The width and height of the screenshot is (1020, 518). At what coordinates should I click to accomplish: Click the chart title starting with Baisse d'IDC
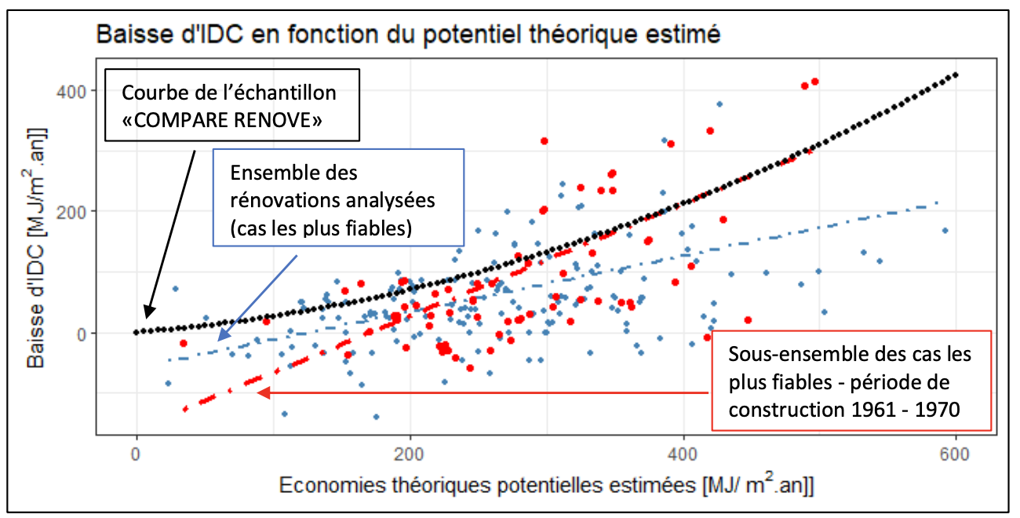click(407, 35)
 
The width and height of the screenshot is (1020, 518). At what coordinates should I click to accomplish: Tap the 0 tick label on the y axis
click(85, 334)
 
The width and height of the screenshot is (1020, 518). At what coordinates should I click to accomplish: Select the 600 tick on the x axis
click(956, 454)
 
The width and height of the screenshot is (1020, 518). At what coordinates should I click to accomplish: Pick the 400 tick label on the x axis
click(683, 454)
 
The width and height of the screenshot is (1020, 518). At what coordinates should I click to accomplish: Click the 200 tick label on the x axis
click(410, 454)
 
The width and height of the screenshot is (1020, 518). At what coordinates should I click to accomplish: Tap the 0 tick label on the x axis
click(137, 454)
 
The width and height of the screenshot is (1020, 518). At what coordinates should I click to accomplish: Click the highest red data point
click(815, 82)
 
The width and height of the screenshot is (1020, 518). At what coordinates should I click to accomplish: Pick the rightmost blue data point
click(945, 230)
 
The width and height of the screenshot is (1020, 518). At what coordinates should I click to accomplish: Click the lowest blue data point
click(376, 417)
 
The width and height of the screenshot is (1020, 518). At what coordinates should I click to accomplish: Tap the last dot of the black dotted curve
click(956, 75)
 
